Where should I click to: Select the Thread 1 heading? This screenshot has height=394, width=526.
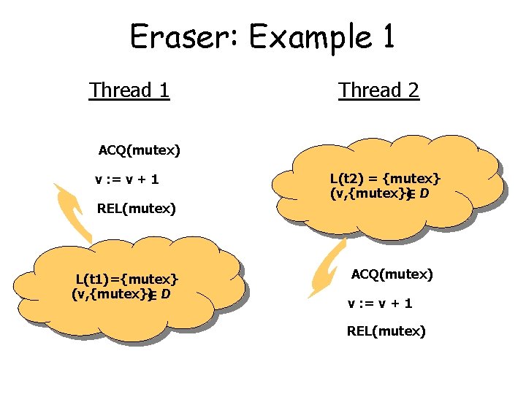pos(129,90)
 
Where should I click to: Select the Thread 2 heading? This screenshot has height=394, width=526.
pos(378,90)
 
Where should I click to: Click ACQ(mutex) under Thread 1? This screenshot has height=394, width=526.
pos(140,151)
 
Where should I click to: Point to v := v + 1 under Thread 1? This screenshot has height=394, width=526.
pos(127,179)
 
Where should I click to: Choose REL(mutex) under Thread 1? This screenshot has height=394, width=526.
pos(137,209)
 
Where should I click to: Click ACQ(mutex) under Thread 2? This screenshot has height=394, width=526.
pos(392,274)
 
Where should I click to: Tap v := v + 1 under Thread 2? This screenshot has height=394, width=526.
pos(380,303)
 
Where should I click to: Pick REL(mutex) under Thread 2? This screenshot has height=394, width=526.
pos(386,331)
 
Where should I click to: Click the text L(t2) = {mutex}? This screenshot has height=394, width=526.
pos(385,178)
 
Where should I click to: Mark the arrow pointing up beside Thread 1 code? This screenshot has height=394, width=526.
pos(72,212)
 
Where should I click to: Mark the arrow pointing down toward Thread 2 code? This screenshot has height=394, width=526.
pos(327,271)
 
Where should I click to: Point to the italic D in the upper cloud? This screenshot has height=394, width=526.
pos(424,194)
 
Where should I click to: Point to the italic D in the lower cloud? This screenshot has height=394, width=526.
pos(166,294)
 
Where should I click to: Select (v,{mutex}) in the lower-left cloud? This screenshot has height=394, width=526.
pos(110,294)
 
